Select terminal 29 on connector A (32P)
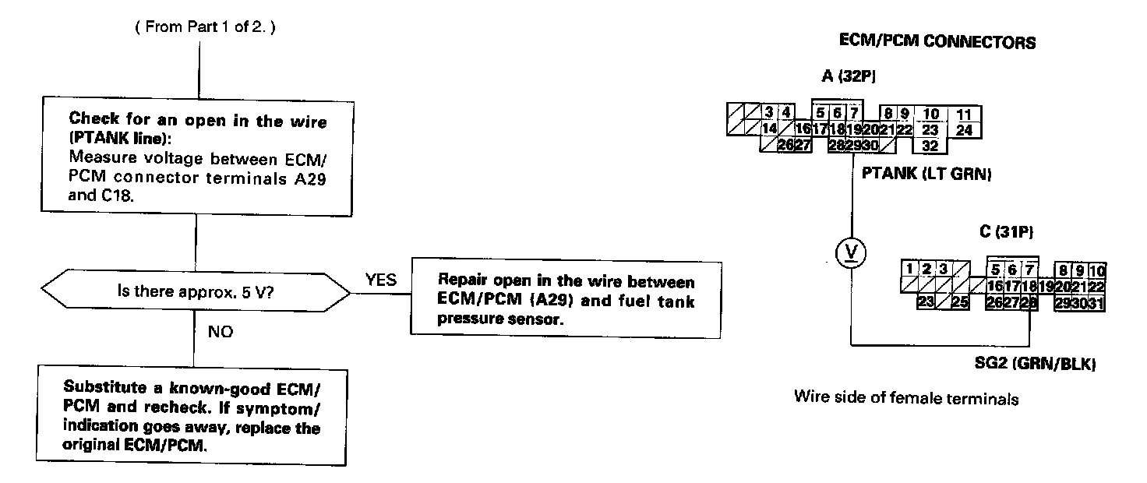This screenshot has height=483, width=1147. (850, 144)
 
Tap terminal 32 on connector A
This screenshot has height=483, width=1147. (930, 144)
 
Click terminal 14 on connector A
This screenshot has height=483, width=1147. (769, 130)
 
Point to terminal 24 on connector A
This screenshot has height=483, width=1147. (964, 130)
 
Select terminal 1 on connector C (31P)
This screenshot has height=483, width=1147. (909, 270)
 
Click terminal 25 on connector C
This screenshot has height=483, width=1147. (959, 302)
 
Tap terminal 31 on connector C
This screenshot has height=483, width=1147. (1097, 302)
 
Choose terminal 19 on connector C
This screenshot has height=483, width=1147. (1046, 287)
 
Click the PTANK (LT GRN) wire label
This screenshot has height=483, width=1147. (926, 175)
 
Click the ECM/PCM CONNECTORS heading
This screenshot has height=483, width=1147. (937, 42)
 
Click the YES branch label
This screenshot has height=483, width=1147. (380, 280)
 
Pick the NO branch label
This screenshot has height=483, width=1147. (221, 331)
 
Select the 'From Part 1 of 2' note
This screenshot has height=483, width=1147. (205, 27)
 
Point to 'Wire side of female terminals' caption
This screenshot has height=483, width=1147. (905, 398)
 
